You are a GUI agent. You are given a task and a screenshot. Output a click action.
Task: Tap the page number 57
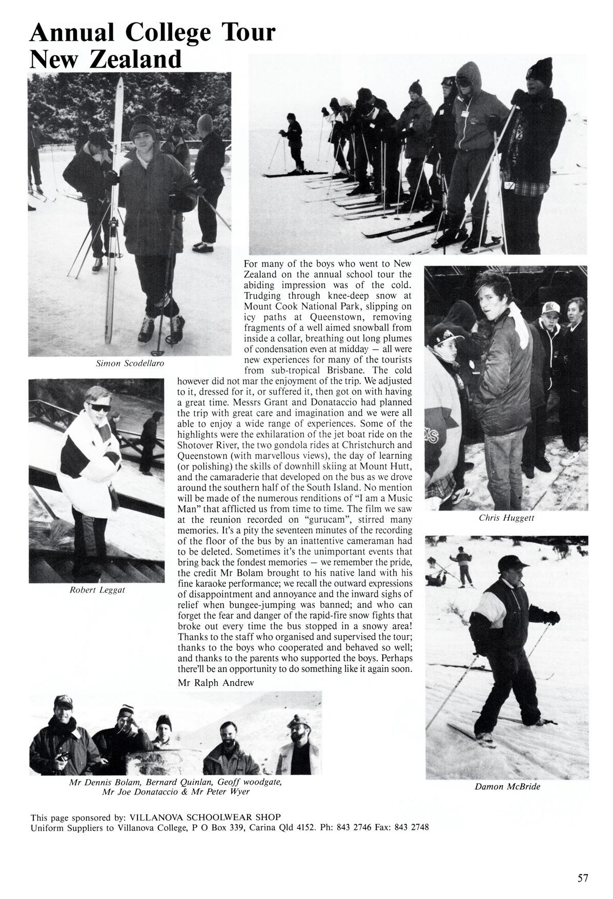pos(583,864)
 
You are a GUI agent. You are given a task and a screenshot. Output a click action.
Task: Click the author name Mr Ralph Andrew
pos(216,683)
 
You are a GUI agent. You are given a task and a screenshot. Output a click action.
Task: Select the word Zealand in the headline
pos(136,59)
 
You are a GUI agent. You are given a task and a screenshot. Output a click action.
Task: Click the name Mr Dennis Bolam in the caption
pos(105,783)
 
